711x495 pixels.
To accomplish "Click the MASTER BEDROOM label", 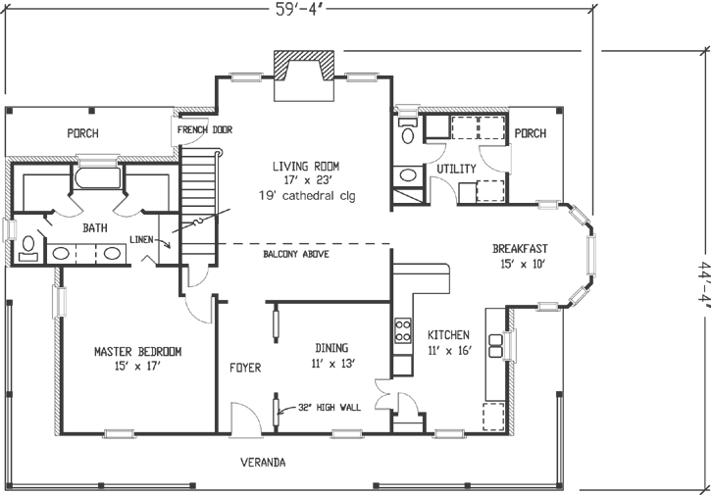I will coord(137,351).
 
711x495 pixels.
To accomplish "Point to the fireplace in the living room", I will coord(302,76).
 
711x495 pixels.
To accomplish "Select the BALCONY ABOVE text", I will coord(295,255).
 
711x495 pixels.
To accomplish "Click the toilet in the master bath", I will coord(28,245).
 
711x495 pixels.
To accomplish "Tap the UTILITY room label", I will coord(456,170).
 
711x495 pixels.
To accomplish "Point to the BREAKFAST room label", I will coord(519,249).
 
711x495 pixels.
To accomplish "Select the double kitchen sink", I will coord(495,347).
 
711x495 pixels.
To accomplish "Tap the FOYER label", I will coord(244,369).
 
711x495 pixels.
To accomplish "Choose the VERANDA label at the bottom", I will coord(264,462).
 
